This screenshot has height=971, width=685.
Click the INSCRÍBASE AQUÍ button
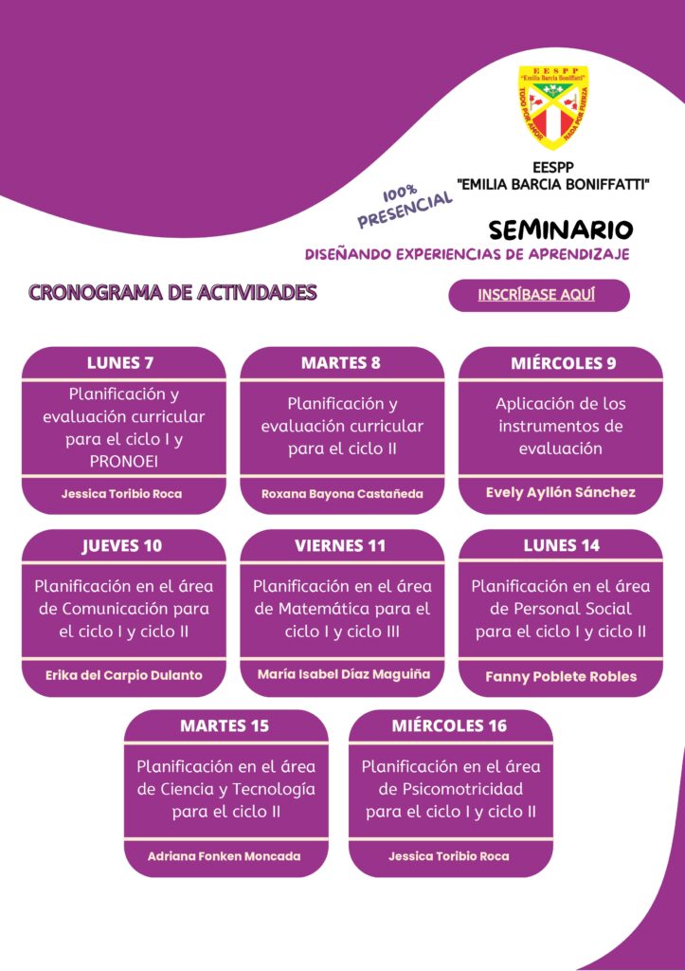point(537,295)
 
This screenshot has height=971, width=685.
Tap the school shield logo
point(553,105)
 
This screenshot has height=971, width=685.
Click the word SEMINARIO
point(561,230)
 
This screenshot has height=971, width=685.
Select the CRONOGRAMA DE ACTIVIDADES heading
point(172,292)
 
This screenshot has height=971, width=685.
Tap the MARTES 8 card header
point(341,363)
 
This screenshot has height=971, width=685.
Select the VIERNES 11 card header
point(341,545)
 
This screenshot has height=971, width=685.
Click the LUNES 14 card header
point(562,545)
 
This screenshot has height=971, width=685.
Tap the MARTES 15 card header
point(225,726)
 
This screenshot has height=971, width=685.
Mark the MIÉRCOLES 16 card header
point(449,726)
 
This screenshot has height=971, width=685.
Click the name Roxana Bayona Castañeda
point(342,494)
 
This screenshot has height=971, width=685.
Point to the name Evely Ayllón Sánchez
point(561,492)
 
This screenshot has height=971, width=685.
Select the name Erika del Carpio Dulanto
point(123,676)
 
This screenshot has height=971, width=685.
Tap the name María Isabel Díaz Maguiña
point(343,674)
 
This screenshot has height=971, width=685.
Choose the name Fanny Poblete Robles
point(561,677)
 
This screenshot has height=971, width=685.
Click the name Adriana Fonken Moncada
point(225,856)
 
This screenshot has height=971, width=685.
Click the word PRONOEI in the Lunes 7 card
point(123,461)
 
